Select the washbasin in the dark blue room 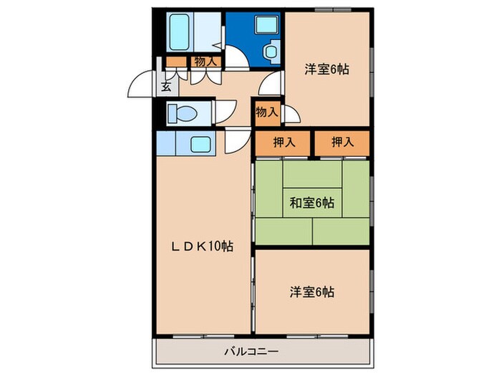click(271, 52)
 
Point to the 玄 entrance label click(165, 87)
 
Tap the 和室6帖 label click(311, 203)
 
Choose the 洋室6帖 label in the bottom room click(311, 291)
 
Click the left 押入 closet click(283, 142)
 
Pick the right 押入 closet click(342, 142)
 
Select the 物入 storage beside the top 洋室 click(266, 112)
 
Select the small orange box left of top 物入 click(175, 62)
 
